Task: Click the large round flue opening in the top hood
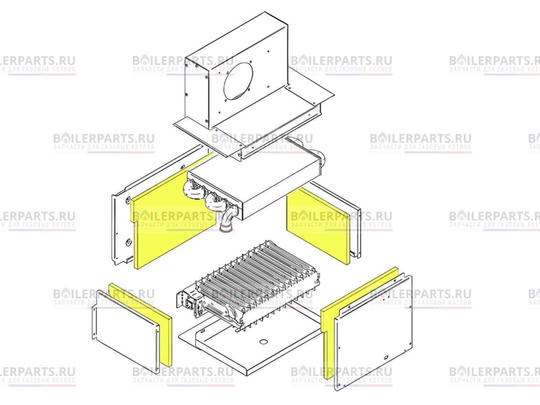tap(238, 81)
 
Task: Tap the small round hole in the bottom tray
tap(264, 342)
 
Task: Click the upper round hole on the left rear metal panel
tap(128, 200)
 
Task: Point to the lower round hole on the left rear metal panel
tap(128, 242)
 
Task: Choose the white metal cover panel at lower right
tap(374, 332)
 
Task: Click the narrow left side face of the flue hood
tap(197, 94)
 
